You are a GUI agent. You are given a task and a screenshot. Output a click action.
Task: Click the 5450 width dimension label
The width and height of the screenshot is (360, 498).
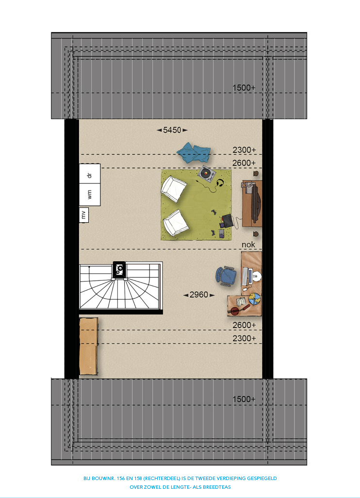coord(172,130)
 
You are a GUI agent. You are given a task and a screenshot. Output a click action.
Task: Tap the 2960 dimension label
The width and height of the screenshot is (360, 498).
coord(199,295)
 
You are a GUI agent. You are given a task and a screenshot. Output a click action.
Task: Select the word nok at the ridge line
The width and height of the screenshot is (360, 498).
coord(248,245)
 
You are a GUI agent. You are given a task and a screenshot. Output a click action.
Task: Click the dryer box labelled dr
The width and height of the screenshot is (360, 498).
coord(90,174)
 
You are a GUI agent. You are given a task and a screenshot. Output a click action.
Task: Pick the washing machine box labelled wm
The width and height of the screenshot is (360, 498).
coord(90,195)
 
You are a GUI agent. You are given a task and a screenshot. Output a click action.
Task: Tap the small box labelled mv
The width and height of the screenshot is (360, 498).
coord(84,215)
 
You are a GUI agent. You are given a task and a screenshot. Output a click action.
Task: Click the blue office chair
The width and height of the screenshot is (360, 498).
coord(227,276)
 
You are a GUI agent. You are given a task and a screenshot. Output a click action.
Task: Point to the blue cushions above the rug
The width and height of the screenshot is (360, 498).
coord(194,152)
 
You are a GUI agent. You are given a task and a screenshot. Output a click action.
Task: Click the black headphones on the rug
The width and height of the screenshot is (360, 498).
coord(220,183)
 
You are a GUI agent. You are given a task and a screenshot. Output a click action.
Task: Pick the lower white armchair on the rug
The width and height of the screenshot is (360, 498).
coord(176,223)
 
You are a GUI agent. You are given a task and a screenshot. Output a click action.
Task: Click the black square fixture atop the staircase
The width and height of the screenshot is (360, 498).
coord(119,270)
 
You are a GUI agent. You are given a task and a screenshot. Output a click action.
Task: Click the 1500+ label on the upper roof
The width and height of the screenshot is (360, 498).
coord(244,88)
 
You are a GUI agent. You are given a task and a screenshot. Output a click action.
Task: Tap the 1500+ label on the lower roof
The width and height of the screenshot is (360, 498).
coord(244,399)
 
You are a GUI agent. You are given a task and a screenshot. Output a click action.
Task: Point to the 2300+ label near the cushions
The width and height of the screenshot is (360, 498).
coord(244,150)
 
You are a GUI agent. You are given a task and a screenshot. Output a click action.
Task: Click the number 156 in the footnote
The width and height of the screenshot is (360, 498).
coord(120,478)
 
